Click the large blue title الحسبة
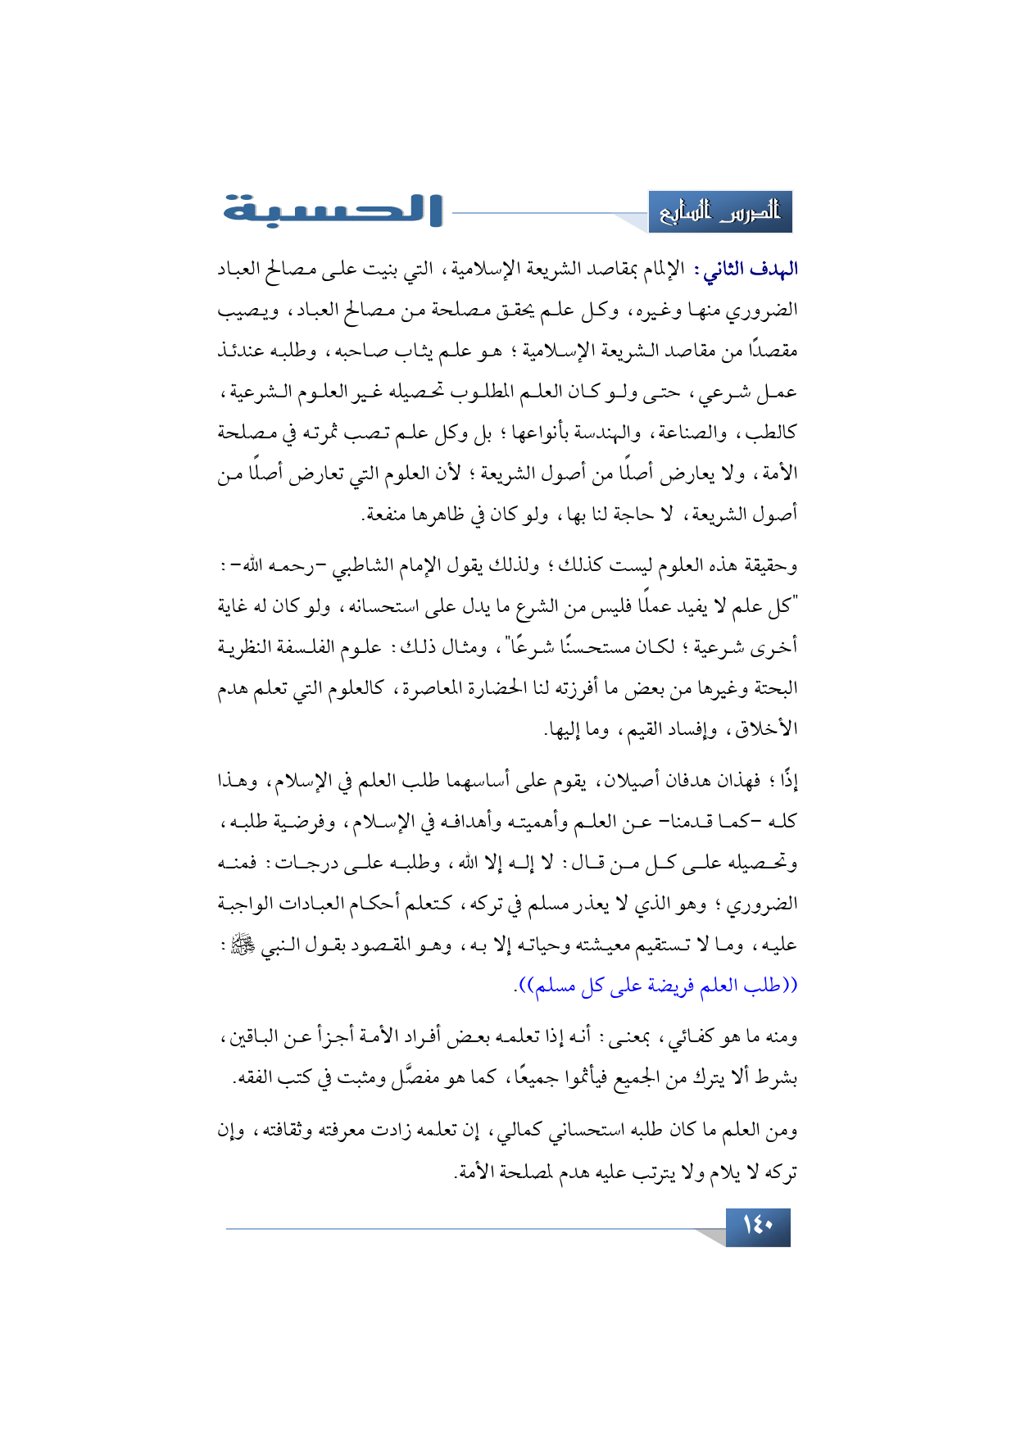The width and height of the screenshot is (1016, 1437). (333, 211)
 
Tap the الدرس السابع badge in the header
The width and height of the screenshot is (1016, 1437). (719, 212)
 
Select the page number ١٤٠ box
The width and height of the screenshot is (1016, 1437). (758, 1226)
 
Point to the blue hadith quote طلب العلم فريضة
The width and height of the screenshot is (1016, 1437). (656, 986)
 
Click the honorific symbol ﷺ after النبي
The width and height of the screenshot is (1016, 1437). (243, 945)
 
